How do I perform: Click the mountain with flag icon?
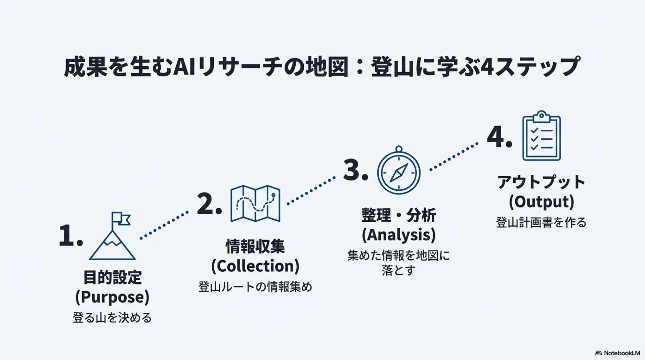[x=113, y=238]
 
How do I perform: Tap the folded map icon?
[x=255, y=203]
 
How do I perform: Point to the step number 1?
[x=70, y=235]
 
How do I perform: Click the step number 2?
[x=209, y=204]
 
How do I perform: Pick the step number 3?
[x=355, y=170]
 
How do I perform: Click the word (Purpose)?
[x=112, y=297]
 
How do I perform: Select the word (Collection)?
[x=255, y=266]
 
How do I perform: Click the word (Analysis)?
[x=398, y=235]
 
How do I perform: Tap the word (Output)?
[x=541, y=202]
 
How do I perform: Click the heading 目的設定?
[x=112, y=277]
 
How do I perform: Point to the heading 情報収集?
[x=255, y=246]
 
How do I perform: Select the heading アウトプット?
[x=541, y=182]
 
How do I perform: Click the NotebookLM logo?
[x=617, y=353]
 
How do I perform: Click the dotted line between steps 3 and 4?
[x=454, y=157]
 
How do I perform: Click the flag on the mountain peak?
[x=121, y=218]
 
